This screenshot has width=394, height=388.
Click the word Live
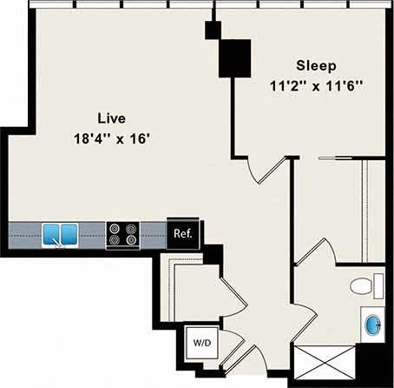coord(108,117)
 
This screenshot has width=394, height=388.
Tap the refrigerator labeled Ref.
coord(183,233)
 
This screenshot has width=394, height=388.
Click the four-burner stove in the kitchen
coord(122,233)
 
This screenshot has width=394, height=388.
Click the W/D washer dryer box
coord(201,343)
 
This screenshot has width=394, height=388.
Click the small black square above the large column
coord(211,30)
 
